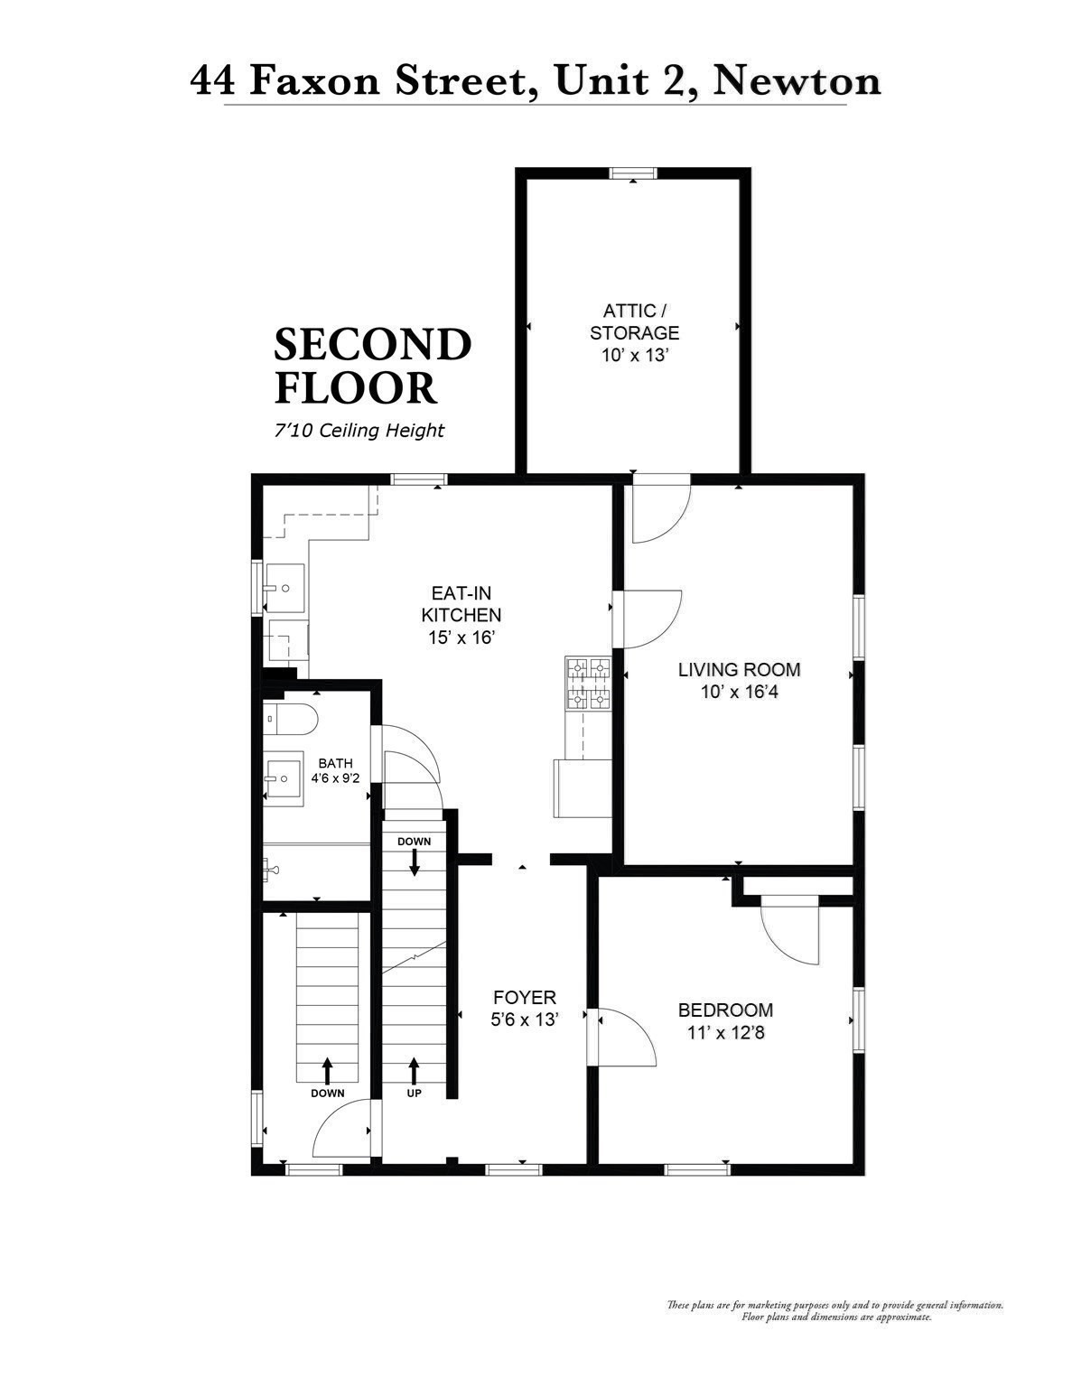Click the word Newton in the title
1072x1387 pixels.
(x=796, y=81)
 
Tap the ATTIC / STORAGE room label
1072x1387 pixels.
(x=634, y=322)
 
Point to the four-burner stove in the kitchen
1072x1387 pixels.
(x=588, y=684)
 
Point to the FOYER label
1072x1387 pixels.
(x=524, y=997)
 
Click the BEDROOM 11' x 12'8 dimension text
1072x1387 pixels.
(x=725, y=1032)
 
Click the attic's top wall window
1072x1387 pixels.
(x=633, y=173)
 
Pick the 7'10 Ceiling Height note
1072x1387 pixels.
(x=359, y=431)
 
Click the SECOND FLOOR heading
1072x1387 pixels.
(x=372, y=366)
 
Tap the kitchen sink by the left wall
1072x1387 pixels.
(x=284, y=588)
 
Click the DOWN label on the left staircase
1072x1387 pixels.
(x=327, y=1093)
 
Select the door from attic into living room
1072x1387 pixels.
(x=659, y=510)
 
